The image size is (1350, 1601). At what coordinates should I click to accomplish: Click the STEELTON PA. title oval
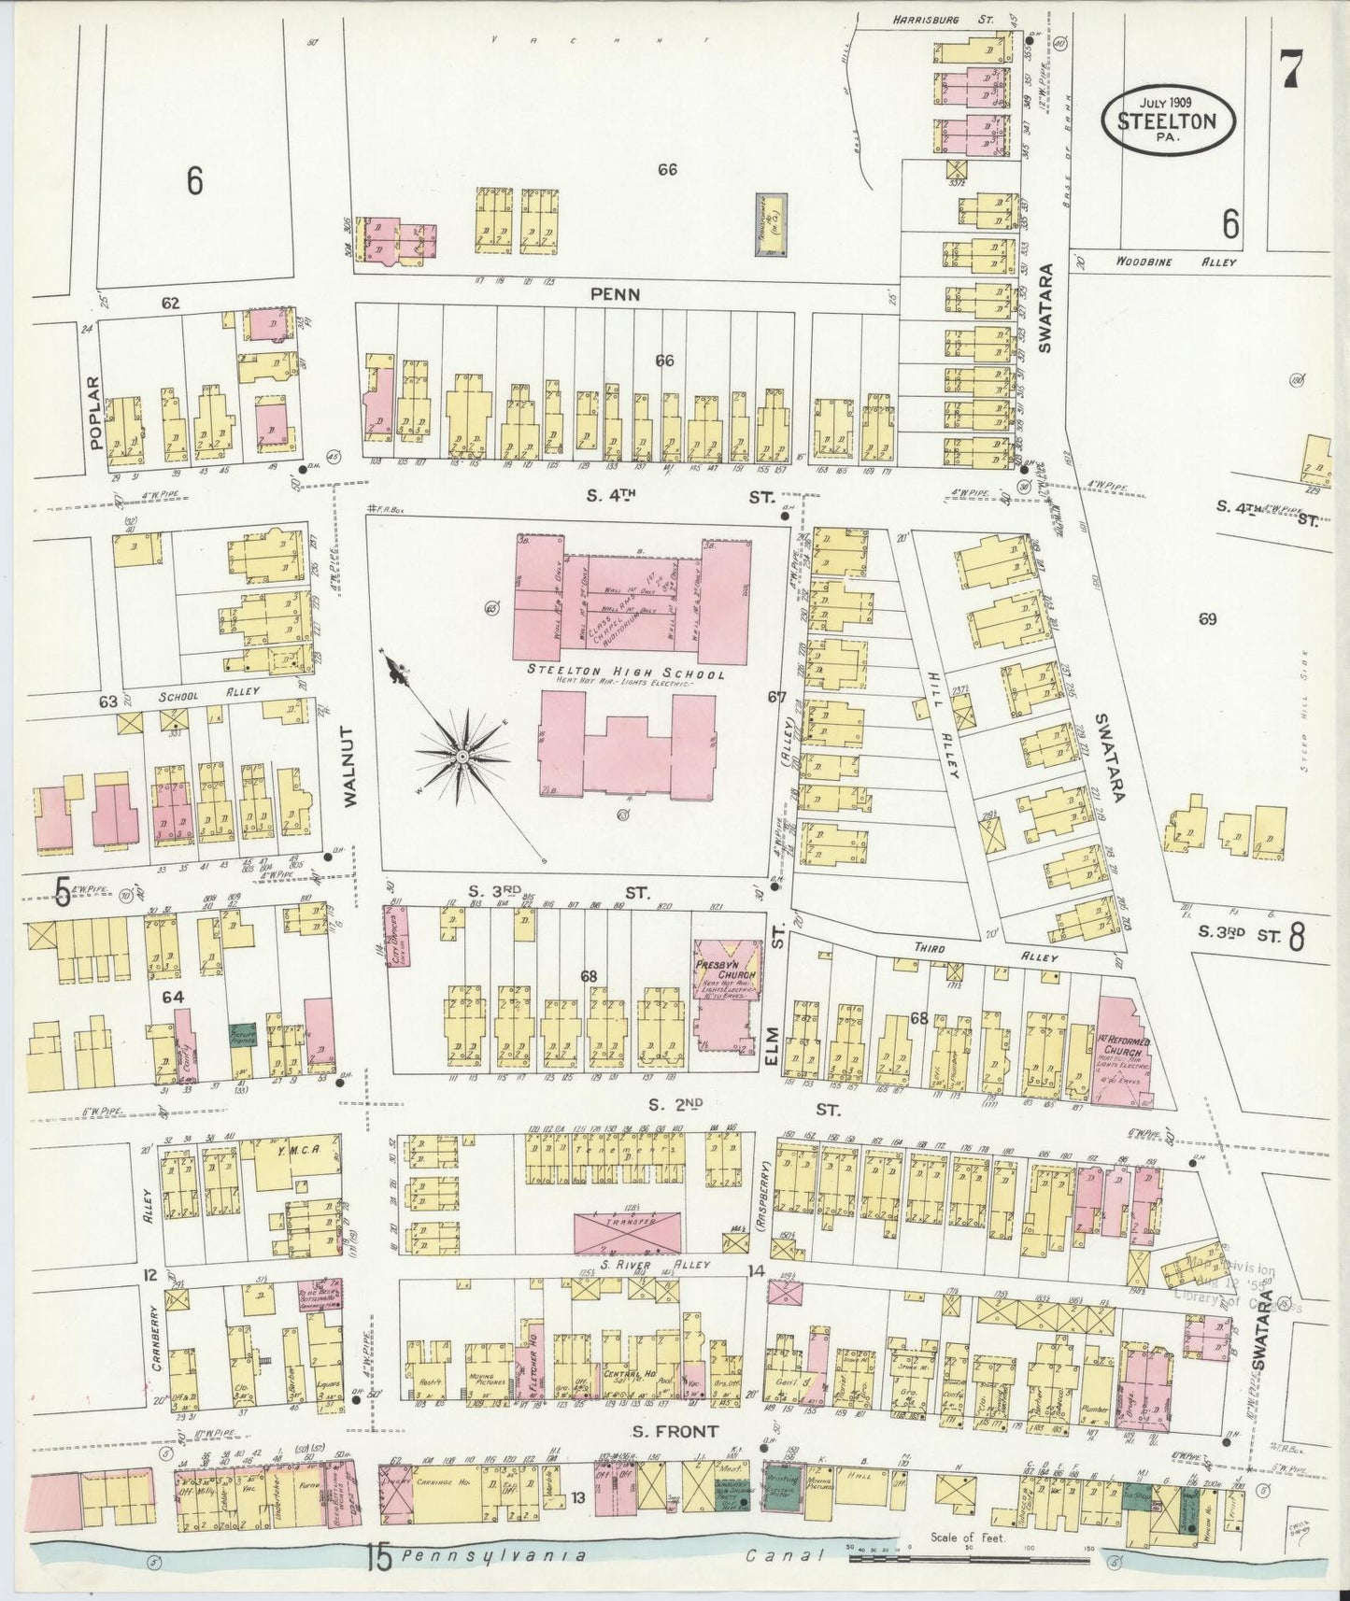[x=1168, y=120]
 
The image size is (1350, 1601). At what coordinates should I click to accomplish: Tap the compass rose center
[x=460, y=755]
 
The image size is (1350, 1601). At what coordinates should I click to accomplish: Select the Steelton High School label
[x=625, y=671]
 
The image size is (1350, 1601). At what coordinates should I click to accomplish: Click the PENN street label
[x=615, y=294]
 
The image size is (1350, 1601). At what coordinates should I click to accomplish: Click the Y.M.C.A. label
[x=297, y=1151]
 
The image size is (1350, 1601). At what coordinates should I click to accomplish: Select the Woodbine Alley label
[x=1175, y=262]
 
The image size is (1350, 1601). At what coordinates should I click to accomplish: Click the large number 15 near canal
[x=377, y=1557]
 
